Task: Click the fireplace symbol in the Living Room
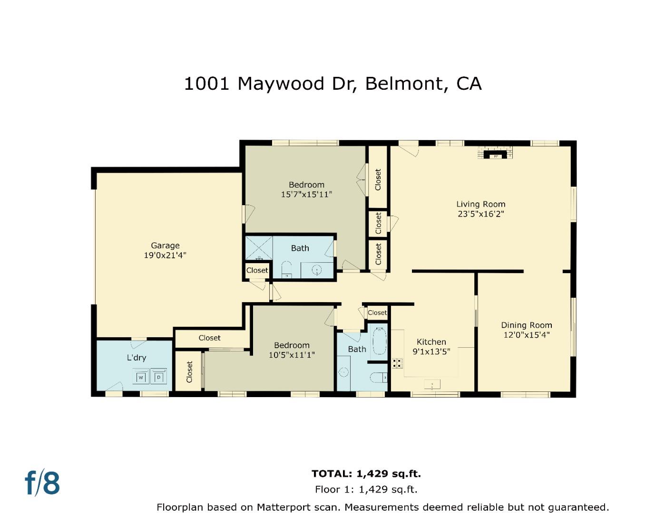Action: pyautogui.click(x=496, y=153)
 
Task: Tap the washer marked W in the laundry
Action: pyautogui.click(x=141, y=377)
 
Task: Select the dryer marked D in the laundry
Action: pyautogui.click(x=159, y=377)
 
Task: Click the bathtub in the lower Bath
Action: pyautogui.click(x=379, y=341)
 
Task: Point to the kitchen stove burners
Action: pyautogui.click(x=397, y=363)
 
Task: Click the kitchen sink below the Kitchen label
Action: pyautogui.click(x=432, y=384)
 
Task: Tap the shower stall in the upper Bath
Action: pyautogui.click(x=259, y=248)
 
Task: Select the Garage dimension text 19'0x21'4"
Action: pyautogui.click(x=165, y=255)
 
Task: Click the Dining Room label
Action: pyautogui.click(x=526, y=325)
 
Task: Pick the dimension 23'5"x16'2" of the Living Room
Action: pyautogui.click(x=480, y=214)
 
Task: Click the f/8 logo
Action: pyautogui.click(x=42, y=483)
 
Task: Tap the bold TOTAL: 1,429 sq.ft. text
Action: pyautogui.click(x=366, y=474)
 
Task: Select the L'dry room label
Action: pyautogui.click(x=136, y=358)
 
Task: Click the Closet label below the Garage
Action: pyautogui.click(x=209, y=338)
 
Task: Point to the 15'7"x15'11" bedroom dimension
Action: pyautogui.click(x=306, y=194)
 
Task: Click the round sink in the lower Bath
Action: pyautogui.click(x=343, y=372)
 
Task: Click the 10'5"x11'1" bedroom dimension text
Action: pyautogui.click(x=292, y=355)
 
